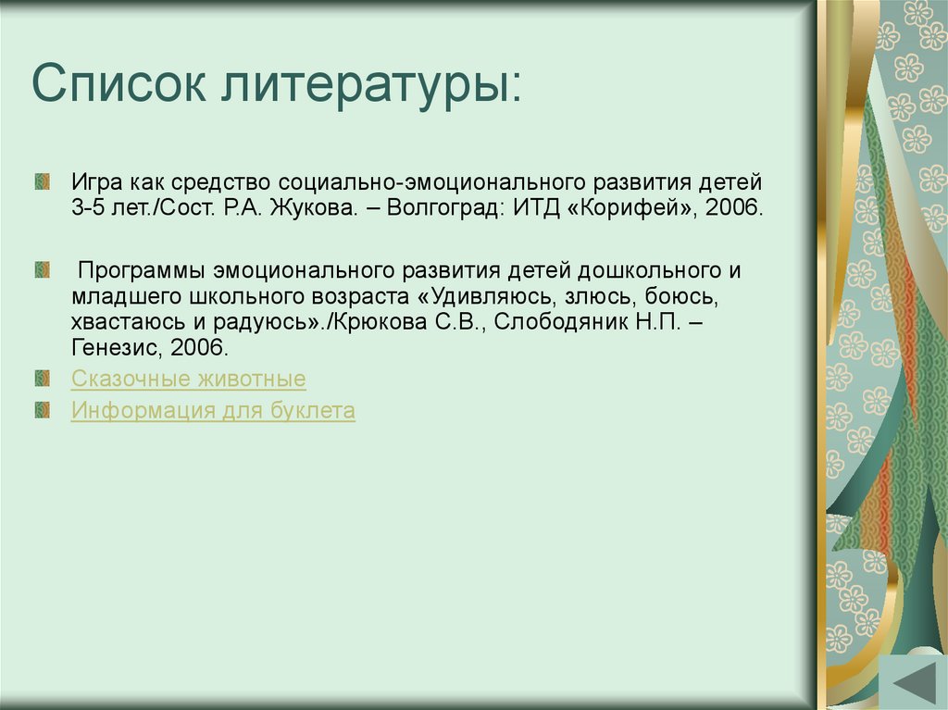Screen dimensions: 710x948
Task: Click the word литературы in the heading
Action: point(370,87)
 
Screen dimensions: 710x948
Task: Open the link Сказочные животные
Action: point(189,379)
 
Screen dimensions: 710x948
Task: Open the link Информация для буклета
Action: point(213,411)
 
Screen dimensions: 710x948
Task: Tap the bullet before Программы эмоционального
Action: point(42,270)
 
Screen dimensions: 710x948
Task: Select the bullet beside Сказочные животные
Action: point(42,379)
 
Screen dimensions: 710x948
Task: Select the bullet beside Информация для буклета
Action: point(42,410)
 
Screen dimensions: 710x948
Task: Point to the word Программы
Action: point(141,271)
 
